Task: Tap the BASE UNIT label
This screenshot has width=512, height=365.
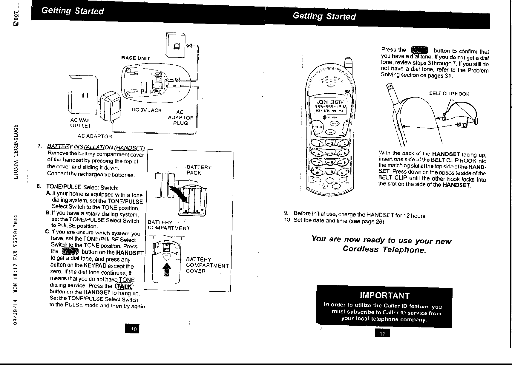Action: pyautogui.click(x=136, y=58)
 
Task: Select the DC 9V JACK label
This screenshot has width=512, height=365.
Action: pyautogui.click(x=147, y=110)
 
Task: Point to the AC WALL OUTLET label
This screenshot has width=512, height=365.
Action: pyautogui.click(x=82, y=123)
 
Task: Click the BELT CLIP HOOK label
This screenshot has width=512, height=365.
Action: pyautogui.click(x=449, y=94)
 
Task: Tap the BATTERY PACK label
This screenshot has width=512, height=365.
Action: pyautogui.click(x=199, y=170)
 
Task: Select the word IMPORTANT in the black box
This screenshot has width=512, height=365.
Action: pyautogui.click(x=385, y=295)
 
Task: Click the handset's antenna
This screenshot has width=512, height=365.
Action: pyautogui.click(x=348, y=63)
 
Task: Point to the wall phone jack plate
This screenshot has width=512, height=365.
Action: pyautogui.click(x=176, y=45)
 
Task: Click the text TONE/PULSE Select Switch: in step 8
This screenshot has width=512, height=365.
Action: pyautogui.click(x=82, y=187)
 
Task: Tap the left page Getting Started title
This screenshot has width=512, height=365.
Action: pyautogui.click(x=73, y=11)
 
